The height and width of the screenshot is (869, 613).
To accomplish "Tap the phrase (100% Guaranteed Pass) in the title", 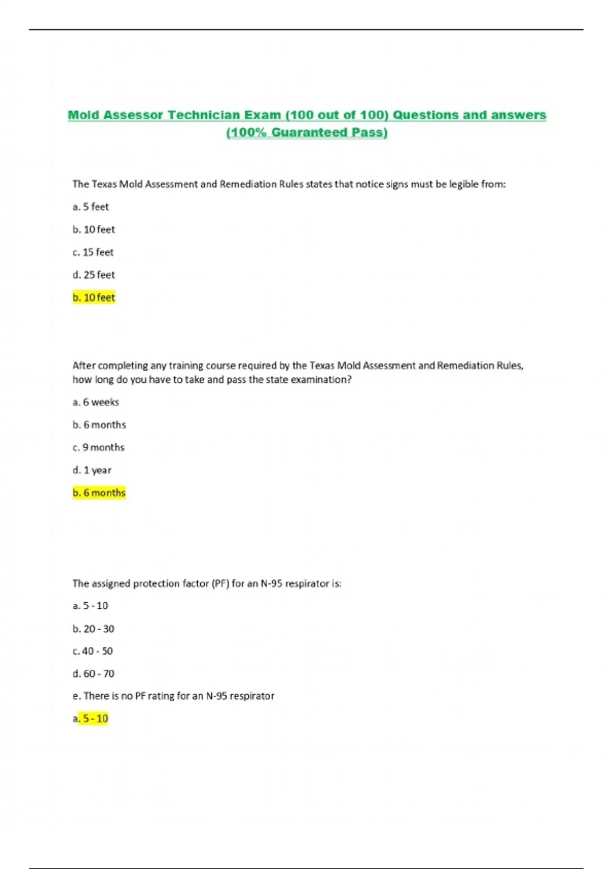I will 306,132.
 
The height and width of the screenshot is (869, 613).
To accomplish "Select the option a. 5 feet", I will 91,207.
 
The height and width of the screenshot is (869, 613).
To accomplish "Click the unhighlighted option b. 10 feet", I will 94,230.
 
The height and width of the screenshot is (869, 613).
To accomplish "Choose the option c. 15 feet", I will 93,252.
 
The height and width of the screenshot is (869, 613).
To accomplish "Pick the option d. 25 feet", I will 94,275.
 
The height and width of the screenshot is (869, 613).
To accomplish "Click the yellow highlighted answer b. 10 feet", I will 94,298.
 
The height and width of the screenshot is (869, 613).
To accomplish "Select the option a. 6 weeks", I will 96,402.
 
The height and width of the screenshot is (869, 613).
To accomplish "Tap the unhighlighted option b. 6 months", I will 99,425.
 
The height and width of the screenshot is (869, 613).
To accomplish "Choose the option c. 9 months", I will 99,447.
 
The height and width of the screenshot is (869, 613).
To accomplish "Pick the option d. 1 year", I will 92,470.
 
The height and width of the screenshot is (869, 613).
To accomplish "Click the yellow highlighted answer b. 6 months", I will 99,493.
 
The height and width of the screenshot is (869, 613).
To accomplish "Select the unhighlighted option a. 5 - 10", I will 90,606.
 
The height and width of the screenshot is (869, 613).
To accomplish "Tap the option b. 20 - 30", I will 93,629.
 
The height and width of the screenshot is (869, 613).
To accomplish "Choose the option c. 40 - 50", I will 93,651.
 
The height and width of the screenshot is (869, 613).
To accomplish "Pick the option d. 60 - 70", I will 93,674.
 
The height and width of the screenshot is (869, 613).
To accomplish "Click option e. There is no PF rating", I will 174,696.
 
